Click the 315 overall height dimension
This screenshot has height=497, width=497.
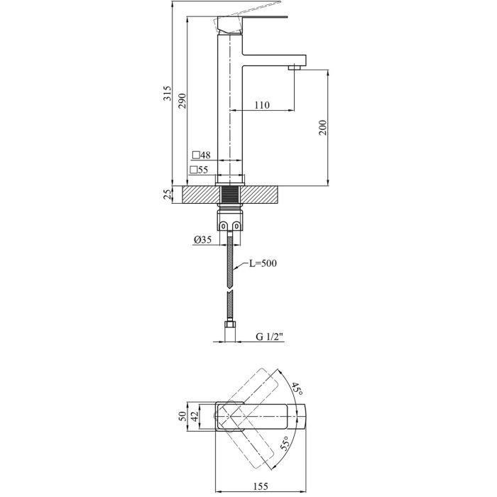click(x=168, y=94)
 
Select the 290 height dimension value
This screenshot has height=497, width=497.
click(x=182, y=101)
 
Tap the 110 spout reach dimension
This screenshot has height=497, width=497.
click(x=261, y=105)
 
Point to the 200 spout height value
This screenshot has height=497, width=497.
click(x=322, y=129)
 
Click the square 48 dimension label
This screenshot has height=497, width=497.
click(x=201, y=155)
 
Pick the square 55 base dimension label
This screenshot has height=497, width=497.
click(x=199, y=170)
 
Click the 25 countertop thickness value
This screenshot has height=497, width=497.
click(x=168, y=195)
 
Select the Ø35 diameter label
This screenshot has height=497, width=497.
click(x=202, y=240)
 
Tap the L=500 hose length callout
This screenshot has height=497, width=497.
click(x=262, y=263)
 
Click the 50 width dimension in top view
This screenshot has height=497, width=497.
click(x=182, y=416)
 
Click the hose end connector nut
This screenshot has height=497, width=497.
click(x=229, y=327)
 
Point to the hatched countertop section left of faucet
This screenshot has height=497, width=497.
click(x=199, y=194)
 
